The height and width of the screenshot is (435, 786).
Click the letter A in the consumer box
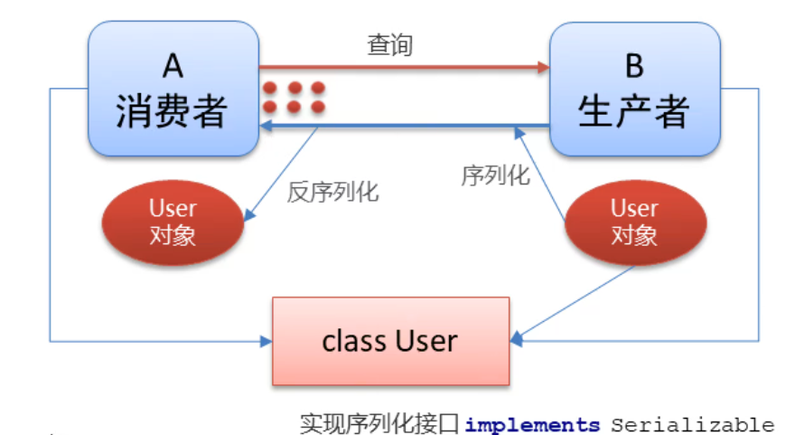click(x=172, y=65)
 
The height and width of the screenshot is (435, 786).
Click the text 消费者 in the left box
click(x=172, y=110)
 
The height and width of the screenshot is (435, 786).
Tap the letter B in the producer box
click(x=634, y=65)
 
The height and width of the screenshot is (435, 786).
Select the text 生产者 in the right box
click(x=634, y=110)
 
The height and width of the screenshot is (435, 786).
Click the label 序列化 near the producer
click(x=495, y=175)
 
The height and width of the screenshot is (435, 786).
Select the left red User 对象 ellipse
click(x=173, y=222)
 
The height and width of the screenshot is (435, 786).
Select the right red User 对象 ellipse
click(x=634, y=222)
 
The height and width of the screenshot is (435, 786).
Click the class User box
click(x=390, y=341)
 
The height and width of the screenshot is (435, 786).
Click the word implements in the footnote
click(x=532, y=424)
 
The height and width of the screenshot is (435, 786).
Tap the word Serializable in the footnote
click(x=692, y=424)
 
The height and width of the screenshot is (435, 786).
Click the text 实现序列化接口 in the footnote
click(x=380, y=423)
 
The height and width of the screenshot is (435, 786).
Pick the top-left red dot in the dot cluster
click(x=269, y=88)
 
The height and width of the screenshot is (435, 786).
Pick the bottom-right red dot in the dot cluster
click(x=318, y=107)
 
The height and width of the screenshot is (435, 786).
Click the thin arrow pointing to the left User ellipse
click(x=282, y=174)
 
